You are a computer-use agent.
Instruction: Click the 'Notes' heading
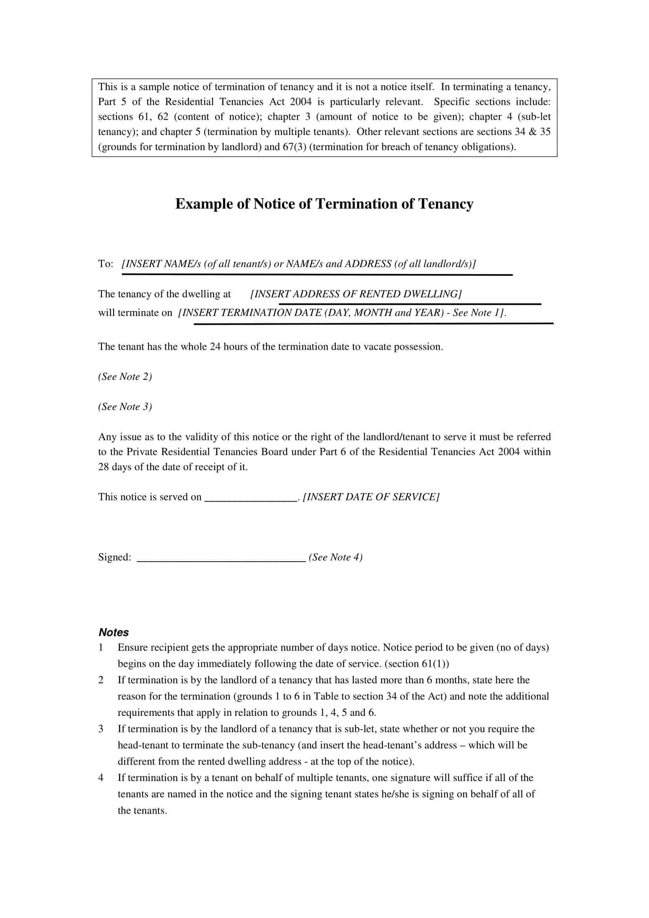click(x=113, y=632)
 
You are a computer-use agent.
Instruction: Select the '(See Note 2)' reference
click(x=125, y=377)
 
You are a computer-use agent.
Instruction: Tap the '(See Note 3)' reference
click(x=125, y=407)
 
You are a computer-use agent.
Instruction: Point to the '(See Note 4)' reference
click(x=336, y=557)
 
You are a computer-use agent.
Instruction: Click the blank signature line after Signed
click(x=221, y=560)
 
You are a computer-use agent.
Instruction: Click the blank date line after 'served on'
click(x=250, y=499)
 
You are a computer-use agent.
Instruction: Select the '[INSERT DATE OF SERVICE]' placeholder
click(x=371, y=497)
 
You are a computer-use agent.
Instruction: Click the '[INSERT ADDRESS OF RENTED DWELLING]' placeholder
click(x=356, y=294)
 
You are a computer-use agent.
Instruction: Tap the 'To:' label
click(x=106, y=264)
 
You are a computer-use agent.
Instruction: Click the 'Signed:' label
click(x=114, y=557)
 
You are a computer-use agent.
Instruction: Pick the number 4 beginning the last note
click(x=101, y=777)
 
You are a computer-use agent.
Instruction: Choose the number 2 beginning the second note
click(x=101, y=680)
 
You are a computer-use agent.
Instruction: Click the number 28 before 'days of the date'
click(x=104, y=467)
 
